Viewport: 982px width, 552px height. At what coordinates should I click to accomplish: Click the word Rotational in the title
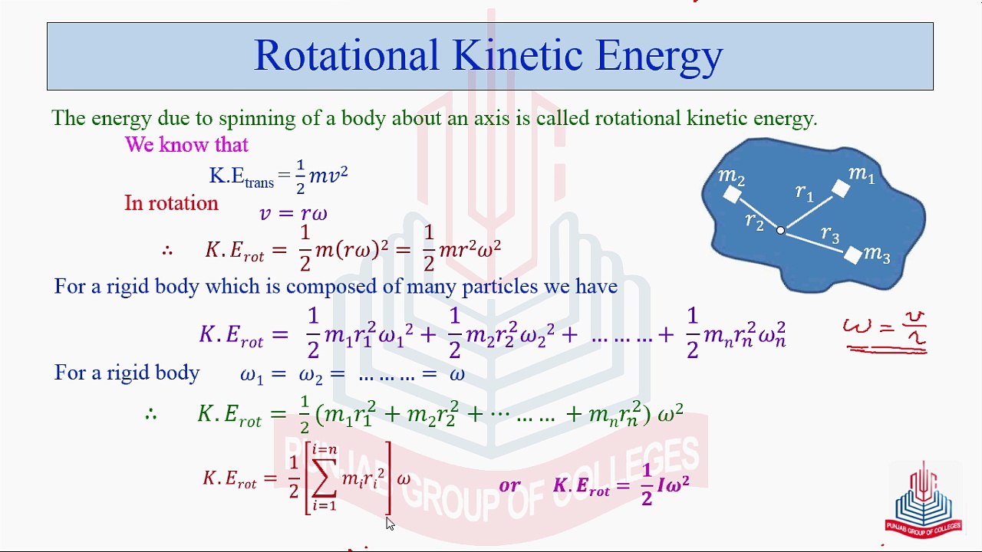(x=346, y=55)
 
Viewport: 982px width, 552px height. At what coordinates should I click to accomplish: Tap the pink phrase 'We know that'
(x=186, y=145)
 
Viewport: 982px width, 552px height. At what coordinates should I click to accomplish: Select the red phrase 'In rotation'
(x=171, y=203)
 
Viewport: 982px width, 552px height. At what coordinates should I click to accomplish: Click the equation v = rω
(x=293, y=214)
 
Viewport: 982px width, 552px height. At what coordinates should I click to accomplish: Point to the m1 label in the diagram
(x=862, y=174)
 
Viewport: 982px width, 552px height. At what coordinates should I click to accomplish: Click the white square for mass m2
(x=732, y=194)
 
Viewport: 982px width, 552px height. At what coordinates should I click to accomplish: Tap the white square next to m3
(x=852, y=255)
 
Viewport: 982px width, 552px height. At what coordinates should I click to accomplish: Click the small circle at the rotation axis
(x=780, y=231)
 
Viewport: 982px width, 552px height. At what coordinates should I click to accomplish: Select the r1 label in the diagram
(x=805, y=192)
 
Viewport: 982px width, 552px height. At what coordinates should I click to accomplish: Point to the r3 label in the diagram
(x=830, y=234)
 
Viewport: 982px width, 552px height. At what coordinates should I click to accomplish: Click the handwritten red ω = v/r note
(x=885, y=332)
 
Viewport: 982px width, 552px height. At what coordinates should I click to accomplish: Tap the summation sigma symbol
(x=324, y=478)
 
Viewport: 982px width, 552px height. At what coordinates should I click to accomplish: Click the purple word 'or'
(x=510, y=485)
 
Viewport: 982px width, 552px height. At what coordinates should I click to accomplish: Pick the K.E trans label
(x=241, y=177)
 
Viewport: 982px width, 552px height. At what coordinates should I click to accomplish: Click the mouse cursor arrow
(x=390, y=524)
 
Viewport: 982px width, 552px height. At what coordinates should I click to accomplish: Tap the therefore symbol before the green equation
(x=151, y=414)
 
